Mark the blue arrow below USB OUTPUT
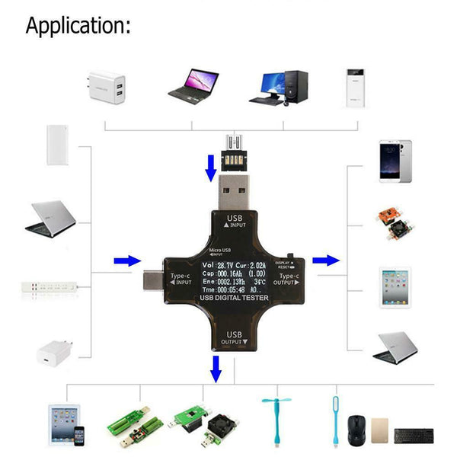point(216,369)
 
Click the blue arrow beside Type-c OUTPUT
point(325,260)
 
